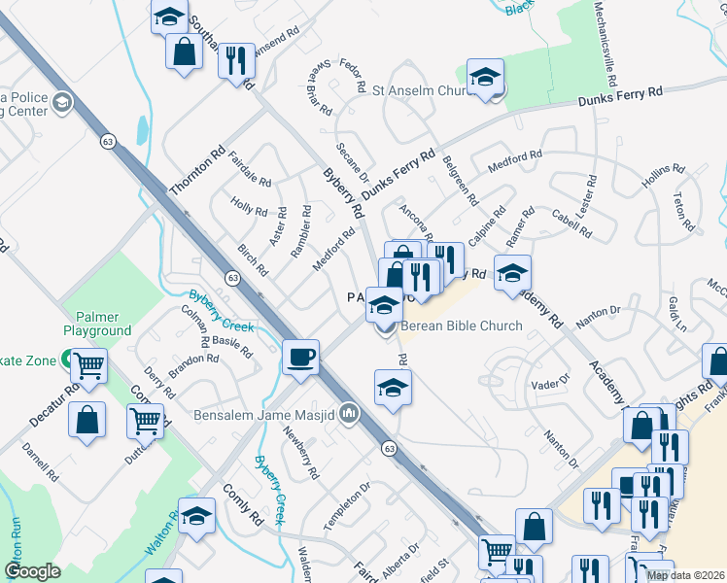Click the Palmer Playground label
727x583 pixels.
[98, 324]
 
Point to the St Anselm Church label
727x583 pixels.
[422, 90]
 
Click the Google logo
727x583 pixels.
[32, 571]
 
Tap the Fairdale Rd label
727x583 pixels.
[251, 166]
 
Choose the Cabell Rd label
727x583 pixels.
[571, 223]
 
